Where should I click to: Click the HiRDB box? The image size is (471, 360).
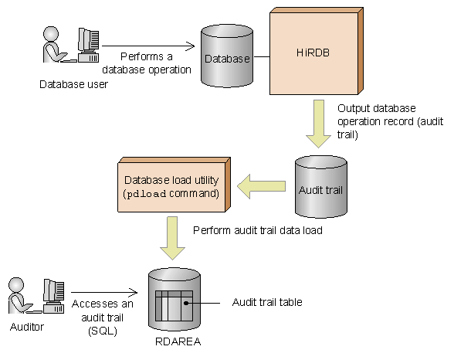tap(317, 51)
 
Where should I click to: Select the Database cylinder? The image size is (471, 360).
tap(227, 56)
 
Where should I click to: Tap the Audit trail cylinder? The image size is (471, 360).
tap(320, 187)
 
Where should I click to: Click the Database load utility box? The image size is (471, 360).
tap(174, 185)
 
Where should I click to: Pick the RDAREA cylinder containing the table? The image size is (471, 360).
tap(175, 300)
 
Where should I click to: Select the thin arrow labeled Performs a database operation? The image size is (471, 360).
tap(148, 46)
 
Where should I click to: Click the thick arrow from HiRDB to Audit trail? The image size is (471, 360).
tap(319, 124)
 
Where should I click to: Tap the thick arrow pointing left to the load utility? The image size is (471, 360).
tap(261, 186)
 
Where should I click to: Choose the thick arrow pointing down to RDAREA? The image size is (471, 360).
tap(172, 238)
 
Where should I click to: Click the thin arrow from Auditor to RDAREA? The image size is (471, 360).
tap(104, 292)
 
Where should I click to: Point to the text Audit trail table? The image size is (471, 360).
tap(267, 302)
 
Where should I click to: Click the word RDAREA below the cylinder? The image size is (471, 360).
tap(178, 341)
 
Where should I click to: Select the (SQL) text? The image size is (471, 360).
tap(103, 331)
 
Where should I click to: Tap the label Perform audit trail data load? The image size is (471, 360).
tap(258, 230)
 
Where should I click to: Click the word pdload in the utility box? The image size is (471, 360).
tap(146, 194)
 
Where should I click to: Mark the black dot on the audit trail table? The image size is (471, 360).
tap(186, 303)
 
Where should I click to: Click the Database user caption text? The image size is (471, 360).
tap(73, 84)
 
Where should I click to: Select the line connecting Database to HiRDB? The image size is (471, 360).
tap(262, 56)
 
